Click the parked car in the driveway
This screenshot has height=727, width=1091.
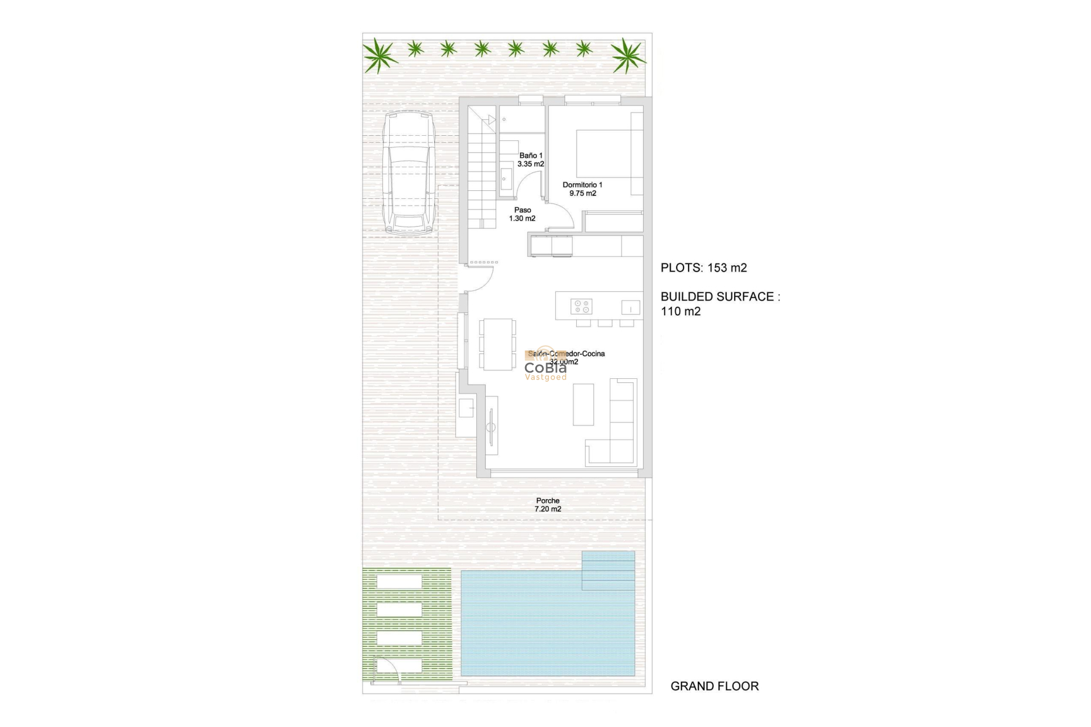pos(408,173)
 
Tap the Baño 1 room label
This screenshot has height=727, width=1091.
pos(531,160)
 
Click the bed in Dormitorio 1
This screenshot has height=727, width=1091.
pos(603,153)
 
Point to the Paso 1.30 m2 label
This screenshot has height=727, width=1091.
pos(522,214)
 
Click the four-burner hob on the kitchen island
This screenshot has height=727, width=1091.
pos(581,307)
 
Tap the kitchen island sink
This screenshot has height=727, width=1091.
pos(630,307)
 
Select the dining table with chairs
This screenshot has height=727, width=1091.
pos(498,344)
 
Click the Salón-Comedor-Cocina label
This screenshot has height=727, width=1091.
pos(566,354)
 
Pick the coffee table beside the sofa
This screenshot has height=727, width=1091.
pos(583,404)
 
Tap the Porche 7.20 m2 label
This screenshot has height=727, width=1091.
pos(548,505)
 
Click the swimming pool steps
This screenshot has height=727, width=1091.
pos(608,570)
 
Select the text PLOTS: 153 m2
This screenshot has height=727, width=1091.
pos(703,268)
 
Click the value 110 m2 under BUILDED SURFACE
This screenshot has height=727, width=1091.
pos(681,311)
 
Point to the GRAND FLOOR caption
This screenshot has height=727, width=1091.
pos(714,686)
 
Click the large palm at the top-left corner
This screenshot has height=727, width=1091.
pos(379,56)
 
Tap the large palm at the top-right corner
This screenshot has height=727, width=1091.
pos(627,55)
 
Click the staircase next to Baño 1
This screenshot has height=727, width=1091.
pos(482,170)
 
